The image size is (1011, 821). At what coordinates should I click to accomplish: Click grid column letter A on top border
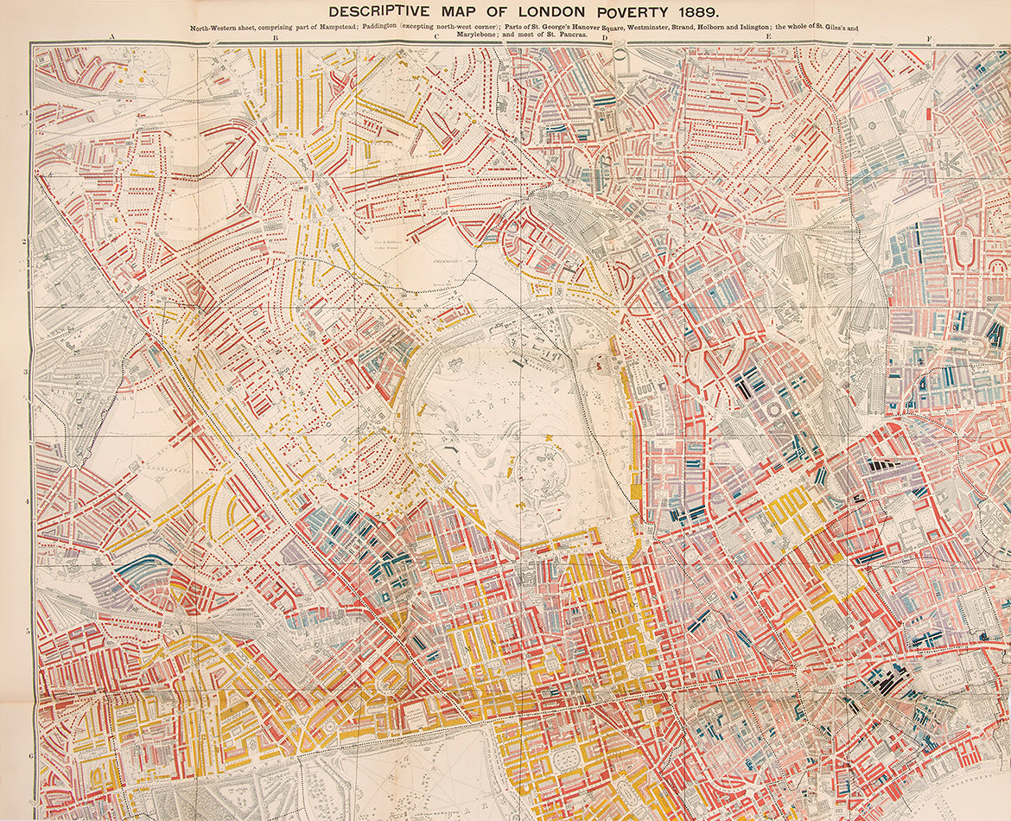(x=112, y=38)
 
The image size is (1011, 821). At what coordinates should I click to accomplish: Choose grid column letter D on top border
(x=605, y=38)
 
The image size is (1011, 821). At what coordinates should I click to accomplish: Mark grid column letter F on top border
(x=930, y=38)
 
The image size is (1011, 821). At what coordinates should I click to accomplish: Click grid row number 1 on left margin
(x=27, y=112)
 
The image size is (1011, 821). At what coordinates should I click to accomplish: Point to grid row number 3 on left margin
(x=27, y=372)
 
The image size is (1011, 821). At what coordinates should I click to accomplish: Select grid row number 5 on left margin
(x=27, y=631)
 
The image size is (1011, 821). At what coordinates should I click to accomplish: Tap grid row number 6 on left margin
(x=27, y=758)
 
